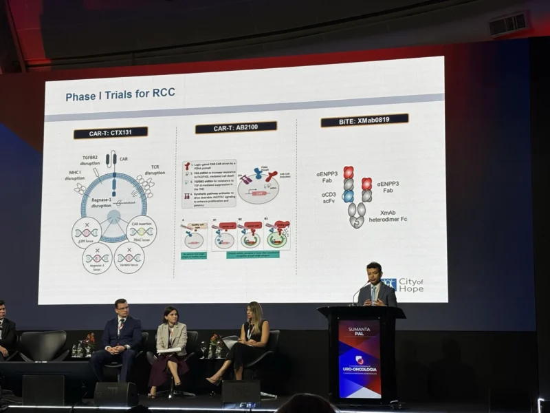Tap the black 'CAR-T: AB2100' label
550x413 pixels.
point(236,127)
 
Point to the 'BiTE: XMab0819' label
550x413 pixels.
point(364,120)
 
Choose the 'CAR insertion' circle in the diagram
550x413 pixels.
point(143,231)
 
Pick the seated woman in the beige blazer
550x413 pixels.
point(169,341)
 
